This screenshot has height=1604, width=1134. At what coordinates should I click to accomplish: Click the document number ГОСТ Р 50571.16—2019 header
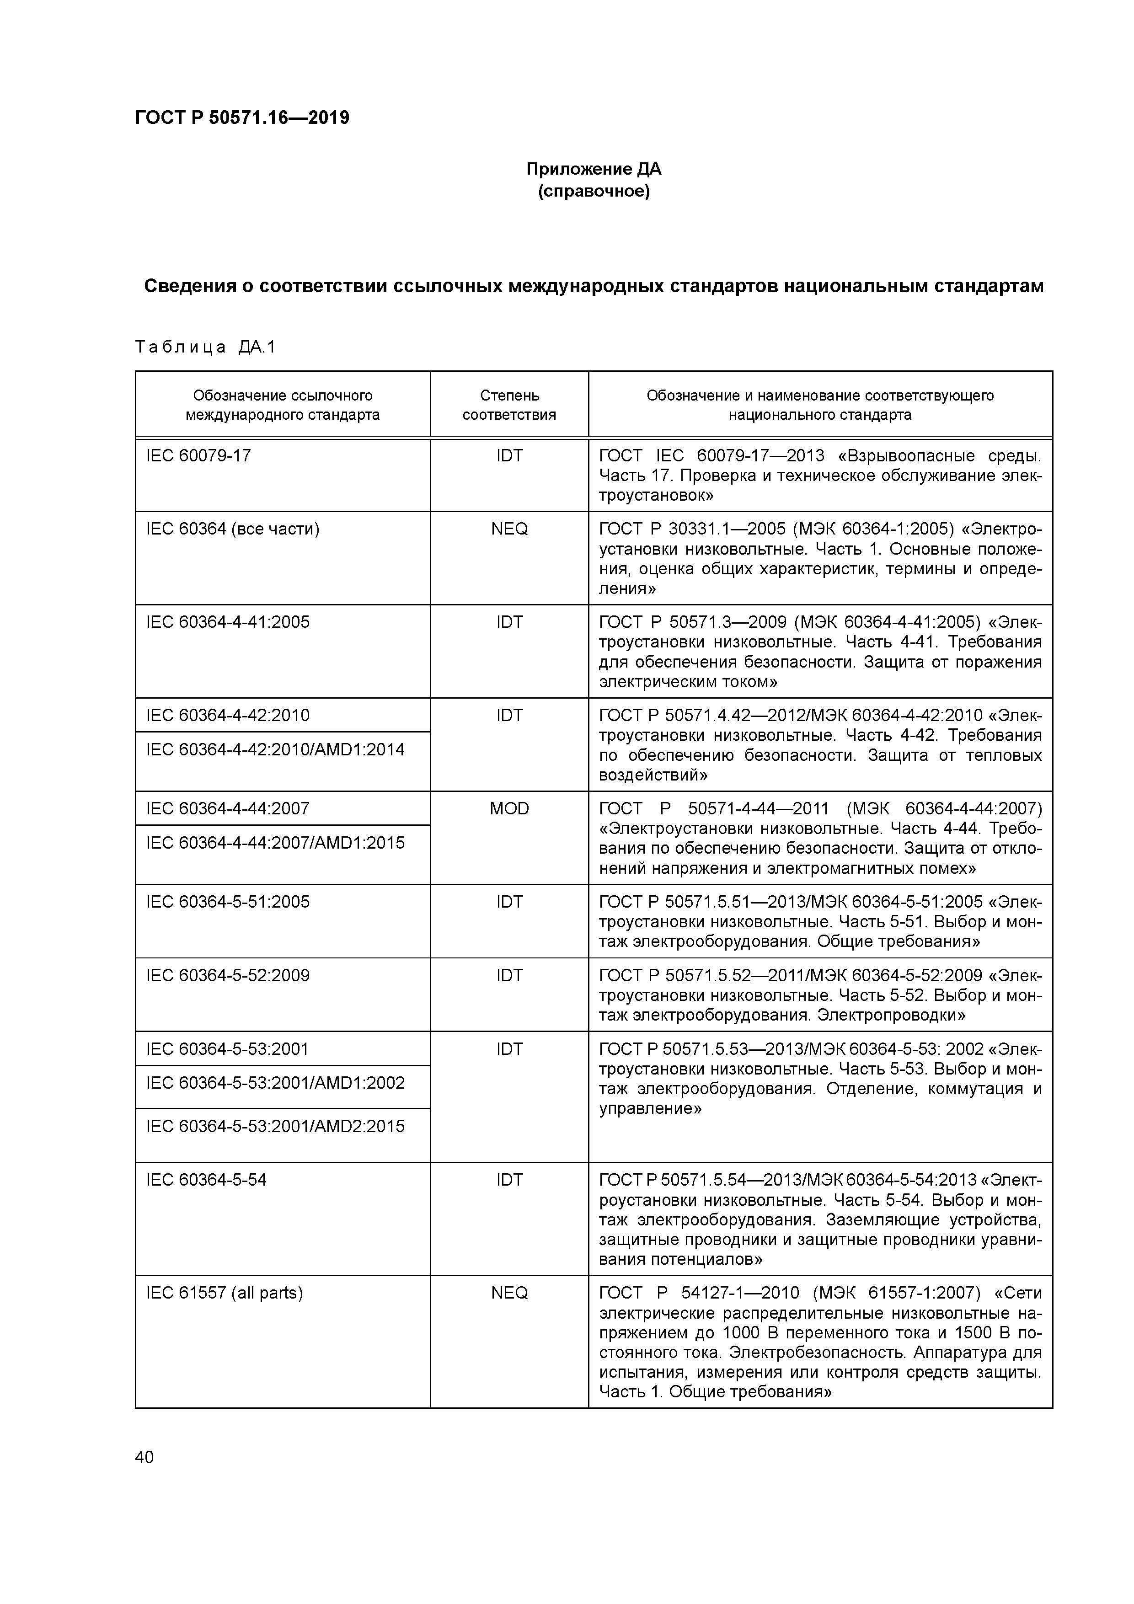coord(242,118)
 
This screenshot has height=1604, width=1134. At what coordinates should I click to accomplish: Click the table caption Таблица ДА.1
coord(205,347)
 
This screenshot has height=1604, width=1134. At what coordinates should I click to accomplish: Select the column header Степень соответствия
coord(509,405)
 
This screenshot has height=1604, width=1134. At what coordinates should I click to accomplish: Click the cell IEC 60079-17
coord(198,455)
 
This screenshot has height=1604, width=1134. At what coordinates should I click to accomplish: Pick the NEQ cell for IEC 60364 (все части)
coord(509,529)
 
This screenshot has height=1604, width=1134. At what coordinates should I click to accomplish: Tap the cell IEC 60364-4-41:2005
coord(228,622)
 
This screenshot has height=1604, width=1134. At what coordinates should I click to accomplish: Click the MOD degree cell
coord(509,808)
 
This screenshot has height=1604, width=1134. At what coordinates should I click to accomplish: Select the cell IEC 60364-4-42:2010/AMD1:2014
coord(275,749)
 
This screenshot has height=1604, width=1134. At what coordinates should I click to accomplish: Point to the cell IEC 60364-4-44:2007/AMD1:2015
coord(275,843)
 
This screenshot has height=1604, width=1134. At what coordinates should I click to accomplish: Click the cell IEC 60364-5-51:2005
coord(228,901)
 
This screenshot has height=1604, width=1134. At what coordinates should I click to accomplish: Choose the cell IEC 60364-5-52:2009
coord(228,975)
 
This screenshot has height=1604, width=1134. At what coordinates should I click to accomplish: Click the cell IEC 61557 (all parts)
coord(224,1293)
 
